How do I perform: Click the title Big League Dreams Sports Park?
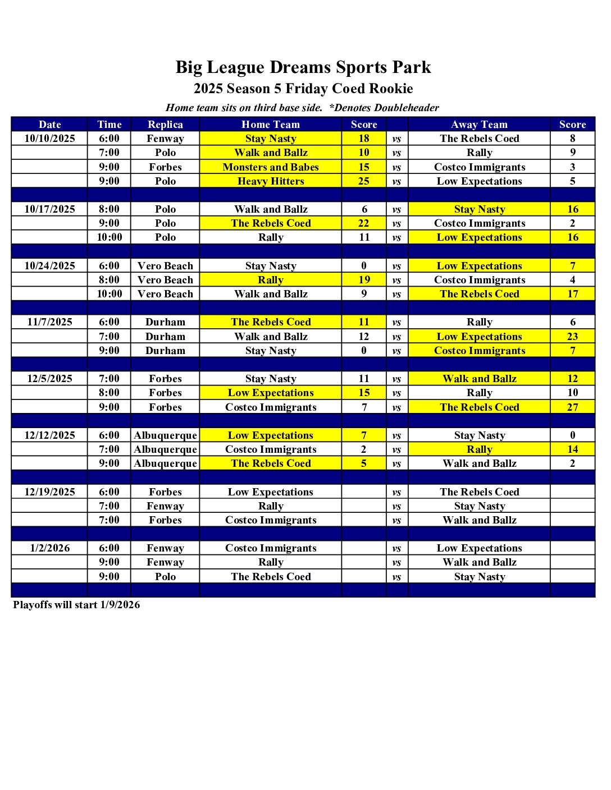(x=303, y=67)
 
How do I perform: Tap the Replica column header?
(x=165, y=125)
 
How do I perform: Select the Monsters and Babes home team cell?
(x=271, y=167)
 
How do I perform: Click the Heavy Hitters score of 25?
(x=364, y=181)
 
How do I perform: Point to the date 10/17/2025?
(x=49, y=209)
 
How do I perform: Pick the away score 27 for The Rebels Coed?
(x=572, y=407)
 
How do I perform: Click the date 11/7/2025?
(x=49, y=322)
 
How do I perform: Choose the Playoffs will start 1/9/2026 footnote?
(x=76, y=605)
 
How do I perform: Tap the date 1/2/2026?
(x=49, y=548)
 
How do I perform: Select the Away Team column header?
(x=479, y=125)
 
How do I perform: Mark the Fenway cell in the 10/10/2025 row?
(x=165, y=139)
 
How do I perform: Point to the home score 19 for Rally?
(x=364, y=280)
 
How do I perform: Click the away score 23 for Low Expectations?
(x=572, y=337)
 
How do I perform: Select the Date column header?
(x=49, y=125)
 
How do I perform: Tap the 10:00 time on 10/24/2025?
(x=109, y=294)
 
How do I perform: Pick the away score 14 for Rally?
(x=572, y=449)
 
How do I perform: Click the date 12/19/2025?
(x=49, y=492)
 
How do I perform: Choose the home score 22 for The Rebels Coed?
(x=364, y=223)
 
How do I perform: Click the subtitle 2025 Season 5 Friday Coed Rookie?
(x=303, y=89)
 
